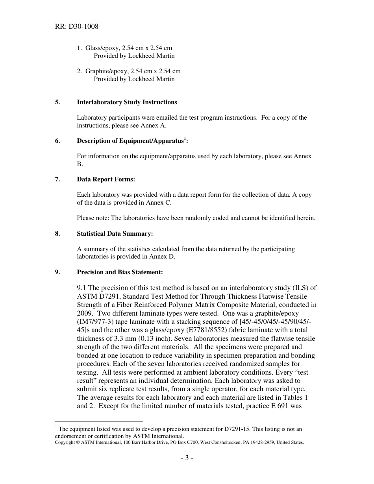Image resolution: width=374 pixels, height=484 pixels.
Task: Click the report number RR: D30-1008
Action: pos(76,27)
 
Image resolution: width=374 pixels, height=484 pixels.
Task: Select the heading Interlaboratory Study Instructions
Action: pos(127,102)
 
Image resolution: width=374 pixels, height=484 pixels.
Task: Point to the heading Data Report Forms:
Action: pos(106,179)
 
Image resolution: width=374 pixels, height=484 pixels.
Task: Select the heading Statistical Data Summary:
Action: pos(115,234)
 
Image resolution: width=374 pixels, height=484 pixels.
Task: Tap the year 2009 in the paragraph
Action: pos(85,313)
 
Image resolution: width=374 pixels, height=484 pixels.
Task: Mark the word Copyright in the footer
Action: pos(65,442)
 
